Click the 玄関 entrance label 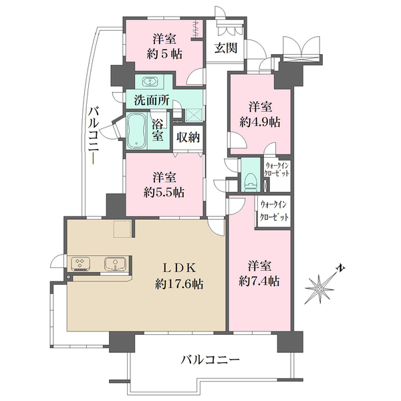tap(226, 48)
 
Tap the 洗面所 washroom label tap(152, 100)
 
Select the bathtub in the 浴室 tap(136, 131)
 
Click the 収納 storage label tap(188, 138)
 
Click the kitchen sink tap(115, 264)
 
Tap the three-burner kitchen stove tap(80, 263)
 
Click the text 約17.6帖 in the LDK tap(179, 284)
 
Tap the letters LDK tap(180, 268)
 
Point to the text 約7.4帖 tap(259, 281)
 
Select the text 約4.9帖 tap(260, 122)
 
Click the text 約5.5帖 tap(164, 192)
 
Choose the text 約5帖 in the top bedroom tap(164, 54)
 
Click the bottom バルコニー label tap(211, 360)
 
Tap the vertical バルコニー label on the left tap(94, 136)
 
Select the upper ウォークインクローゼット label tap(277, 169)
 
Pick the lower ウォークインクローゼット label tap(274, 211)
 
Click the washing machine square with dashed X tap(194, 114)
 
